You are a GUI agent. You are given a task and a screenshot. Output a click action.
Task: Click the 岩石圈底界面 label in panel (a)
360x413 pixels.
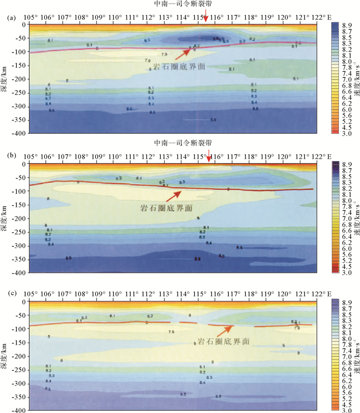point(164,65)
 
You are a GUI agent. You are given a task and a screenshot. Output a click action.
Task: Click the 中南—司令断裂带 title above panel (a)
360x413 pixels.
point(183,4)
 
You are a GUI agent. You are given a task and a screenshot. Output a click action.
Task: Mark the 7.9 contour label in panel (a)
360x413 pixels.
point(164,53)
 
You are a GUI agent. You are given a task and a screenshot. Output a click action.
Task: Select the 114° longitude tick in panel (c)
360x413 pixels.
point(182,294)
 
